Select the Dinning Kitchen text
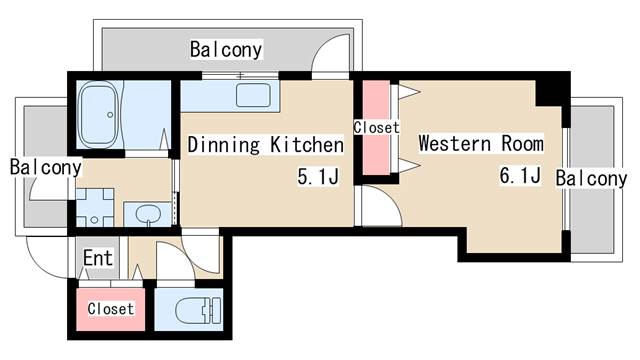click(266, 145)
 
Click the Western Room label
click(481, 143)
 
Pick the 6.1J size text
click(520, 177)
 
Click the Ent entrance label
click(97, 258)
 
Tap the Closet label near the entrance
click(110, 309)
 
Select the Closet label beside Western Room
click(376, 128)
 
